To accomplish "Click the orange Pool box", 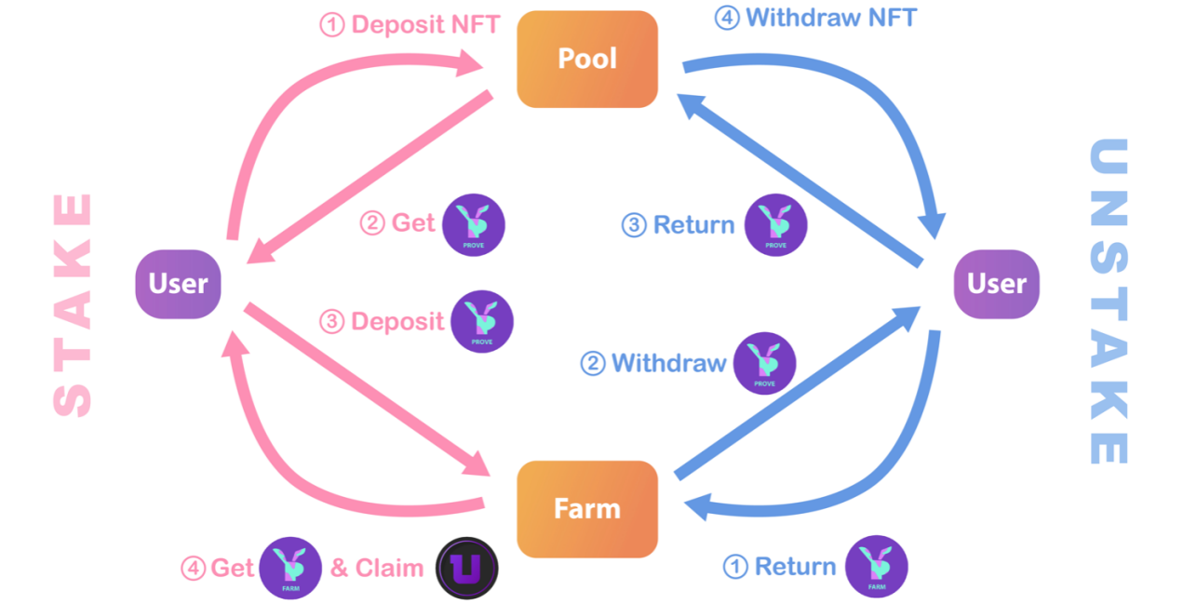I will coord(587,59).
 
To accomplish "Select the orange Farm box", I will coord(587,509).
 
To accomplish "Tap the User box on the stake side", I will coord(179,284).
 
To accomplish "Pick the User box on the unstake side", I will coord(996,284).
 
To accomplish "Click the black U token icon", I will coord(467,568).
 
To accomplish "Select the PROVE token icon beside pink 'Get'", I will coord(474,225).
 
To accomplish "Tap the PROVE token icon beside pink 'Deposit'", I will coord(482,321).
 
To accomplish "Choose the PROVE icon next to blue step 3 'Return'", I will coord(775,225).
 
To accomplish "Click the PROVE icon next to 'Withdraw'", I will coord(764,363).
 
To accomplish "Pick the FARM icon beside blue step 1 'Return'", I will coord(877,566).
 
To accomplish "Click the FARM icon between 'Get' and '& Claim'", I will coord(290,568).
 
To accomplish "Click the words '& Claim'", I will coord(377,568).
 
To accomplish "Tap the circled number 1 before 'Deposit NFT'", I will coord(332,25).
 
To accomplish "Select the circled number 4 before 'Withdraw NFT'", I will coord(727,18).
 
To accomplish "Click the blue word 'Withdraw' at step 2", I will coord(668,363).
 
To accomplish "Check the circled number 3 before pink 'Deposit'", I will coord(332,322).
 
